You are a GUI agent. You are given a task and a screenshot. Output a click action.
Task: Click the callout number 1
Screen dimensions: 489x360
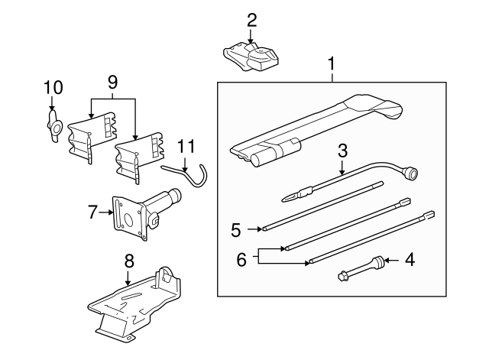pyautogui.click(x=332, y=63)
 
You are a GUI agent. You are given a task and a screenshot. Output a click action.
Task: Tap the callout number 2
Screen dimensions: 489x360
pyautogui.click(x=251, y=21)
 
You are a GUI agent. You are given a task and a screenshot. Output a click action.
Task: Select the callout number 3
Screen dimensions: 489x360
pyautogui.click(x=342, y=151)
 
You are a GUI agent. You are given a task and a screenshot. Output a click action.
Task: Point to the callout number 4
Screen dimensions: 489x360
pyautogui.click(x=410, y=260)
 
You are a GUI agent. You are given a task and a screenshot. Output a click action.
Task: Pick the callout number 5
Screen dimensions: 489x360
pyautogui.click(x=236, y=230)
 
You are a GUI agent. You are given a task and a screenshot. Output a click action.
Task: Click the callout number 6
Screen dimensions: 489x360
pyautogui.click(x=241, y=259)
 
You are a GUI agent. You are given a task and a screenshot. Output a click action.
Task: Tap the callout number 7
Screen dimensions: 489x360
pyautogui.click(x=92, y=212)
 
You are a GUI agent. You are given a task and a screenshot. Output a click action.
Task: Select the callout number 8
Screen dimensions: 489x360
pyautogui.click(x=129, y=261)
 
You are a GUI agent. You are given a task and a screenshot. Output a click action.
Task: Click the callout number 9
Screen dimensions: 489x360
pyautogui.click(x=112, y=83)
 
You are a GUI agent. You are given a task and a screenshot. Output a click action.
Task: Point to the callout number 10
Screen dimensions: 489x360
pyautogui.click(x=53, y=88)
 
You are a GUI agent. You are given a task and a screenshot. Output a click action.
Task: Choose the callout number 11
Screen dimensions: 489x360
pyautogui.click(x=186, y=147)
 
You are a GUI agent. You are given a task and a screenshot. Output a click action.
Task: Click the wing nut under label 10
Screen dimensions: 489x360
pyautogui.click(x=54, y=127)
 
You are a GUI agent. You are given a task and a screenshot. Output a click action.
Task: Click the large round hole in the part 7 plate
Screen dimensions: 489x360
pyautogui.click(x=128, y=219)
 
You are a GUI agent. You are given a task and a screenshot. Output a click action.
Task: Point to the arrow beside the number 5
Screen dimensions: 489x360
pyautogui.click(x=254, y=229)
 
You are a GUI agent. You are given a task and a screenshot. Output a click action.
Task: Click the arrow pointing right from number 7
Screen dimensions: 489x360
pyautogui.click(x=106, y=212)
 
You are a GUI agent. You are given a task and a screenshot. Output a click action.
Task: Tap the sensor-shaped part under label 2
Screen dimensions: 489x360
pyautogui.click(x=251, y=58)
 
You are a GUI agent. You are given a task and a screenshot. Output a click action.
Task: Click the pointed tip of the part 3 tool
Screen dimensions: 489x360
pyautogui.click(x=283, y=200)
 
